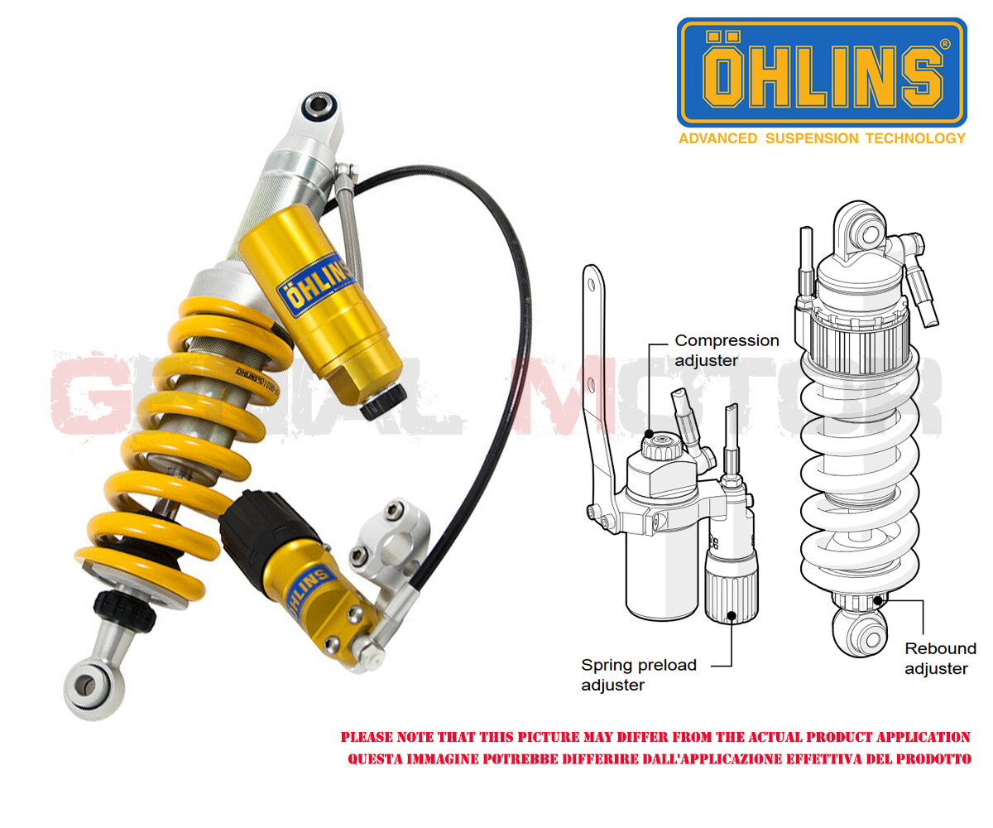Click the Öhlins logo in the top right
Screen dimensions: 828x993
(x=821, y=72)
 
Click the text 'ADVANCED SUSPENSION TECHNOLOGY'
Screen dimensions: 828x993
(x=822, y=138)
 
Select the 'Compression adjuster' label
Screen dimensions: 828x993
(x=727, y=349)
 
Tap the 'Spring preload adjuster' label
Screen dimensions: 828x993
(x=638, y=674)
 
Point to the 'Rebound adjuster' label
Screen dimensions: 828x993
(x=939, y=658)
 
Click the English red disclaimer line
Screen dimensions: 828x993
(x=655, y=737)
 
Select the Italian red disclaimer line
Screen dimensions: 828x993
(x=659, y=759)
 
